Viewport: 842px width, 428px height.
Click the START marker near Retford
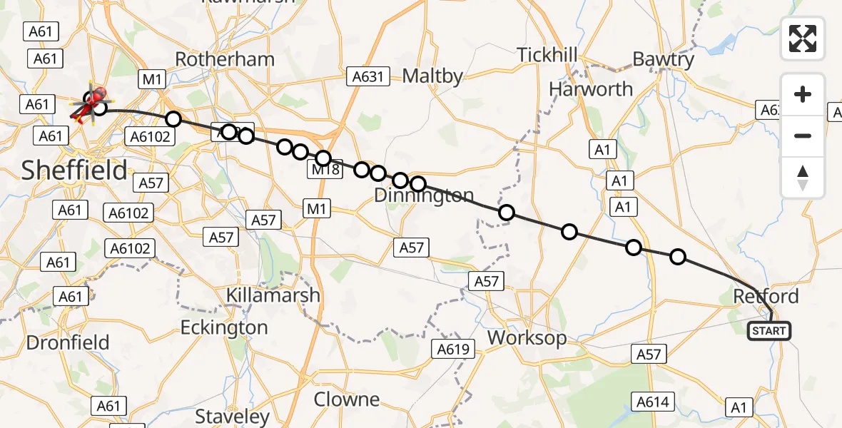click(769, 331)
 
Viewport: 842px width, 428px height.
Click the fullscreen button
click(803, 39)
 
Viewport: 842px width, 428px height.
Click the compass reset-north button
click(803, 178)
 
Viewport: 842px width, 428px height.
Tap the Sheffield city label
click(74, 170)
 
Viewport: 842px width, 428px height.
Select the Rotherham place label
click(225, 59)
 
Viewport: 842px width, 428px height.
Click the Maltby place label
click(432, 76)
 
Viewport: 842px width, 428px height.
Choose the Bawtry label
click(663, 59)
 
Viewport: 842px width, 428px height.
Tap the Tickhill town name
click(547, 55)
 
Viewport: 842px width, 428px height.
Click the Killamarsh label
click(273, 295)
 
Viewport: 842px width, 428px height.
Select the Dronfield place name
click(68, 342)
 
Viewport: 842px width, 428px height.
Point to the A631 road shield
click(367, 76)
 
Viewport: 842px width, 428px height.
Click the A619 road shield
click(453, 350)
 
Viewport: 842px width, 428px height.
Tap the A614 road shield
click(652, 402)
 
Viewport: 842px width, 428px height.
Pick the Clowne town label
click(347, 399)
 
